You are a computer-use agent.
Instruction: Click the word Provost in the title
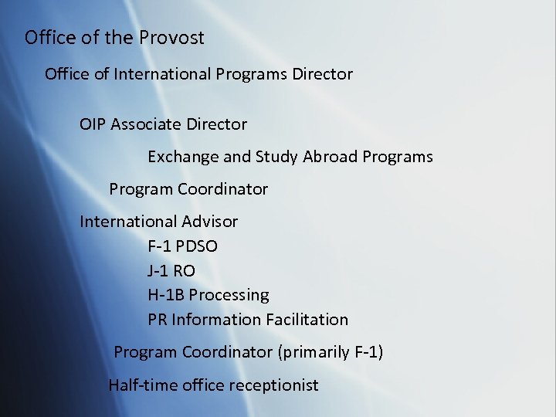coord(171,37)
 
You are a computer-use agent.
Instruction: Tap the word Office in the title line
coord(49,37)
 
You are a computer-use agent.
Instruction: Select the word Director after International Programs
coord(322,74)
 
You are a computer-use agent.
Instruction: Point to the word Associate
coord(146,124)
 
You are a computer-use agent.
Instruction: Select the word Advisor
coord(211,222)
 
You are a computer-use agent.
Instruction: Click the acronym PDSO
coord(198,246)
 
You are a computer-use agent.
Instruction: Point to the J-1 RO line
coord(171,270)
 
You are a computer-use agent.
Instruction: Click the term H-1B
coord(166,295)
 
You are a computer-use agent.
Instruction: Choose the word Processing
coord(229,295)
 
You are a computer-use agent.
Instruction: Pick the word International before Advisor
coord(128,222)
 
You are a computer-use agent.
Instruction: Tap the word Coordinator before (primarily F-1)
coord(225,353)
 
